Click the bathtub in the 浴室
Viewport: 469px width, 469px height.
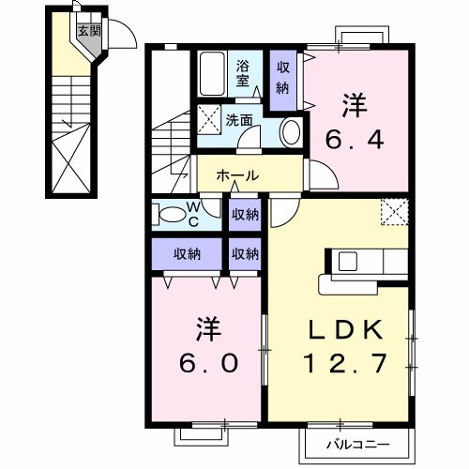tap(211, 72)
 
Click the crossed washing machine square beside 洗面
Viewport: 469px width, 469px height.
tap(208, 119)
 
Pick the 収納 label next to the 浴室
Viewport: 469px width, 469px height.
tap(282, 78)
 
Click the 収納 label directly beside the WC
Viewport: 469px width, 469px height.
tap(245, 214)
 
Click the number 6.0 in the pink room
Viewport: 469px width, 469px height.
tap(208, 361)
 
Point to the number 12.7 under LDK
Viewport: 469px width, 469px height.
tap(343, 362)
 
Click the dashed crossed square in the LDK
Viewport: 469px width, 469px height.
tap(395, 211)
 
